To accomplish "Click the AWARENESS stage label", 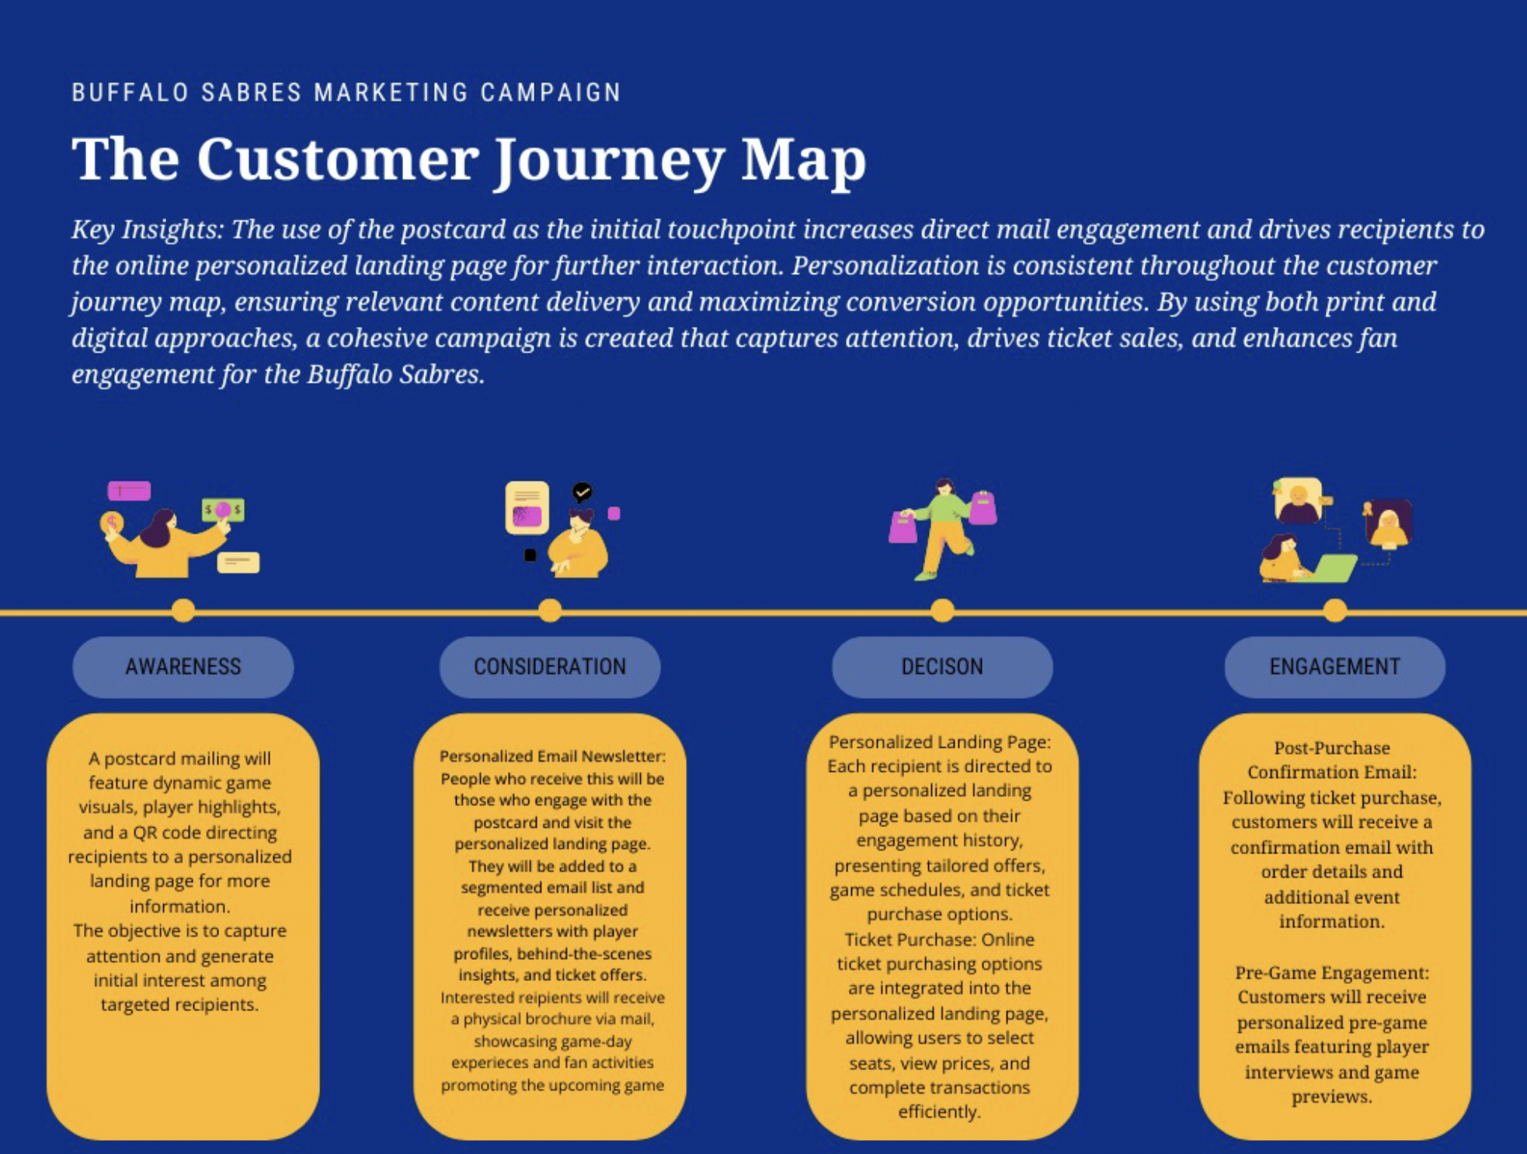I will point(183,666).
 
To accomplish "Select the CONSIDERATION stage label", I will point(550,666).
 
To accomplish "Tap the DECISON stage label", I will point(942,666).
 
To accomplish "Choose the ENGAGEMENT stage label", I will point(1334,666).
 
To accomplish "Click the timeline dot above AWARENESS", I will point(183,610).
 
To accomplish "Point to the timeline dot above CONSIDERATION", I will point(550,610).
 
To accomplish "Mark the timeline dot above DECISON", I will point(942,610).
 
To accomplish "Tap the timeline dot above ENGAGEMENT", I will point(1334,610).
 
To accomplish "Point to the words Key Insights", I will point(147,229).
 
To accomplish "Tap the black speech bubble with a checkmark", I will point(582,492).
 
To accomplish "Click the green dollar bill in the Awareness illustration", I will point(223,510).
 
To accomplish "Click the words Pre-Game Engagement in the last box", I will point(1331,972).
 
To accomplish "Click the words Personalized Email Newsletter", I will point(552,756).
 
